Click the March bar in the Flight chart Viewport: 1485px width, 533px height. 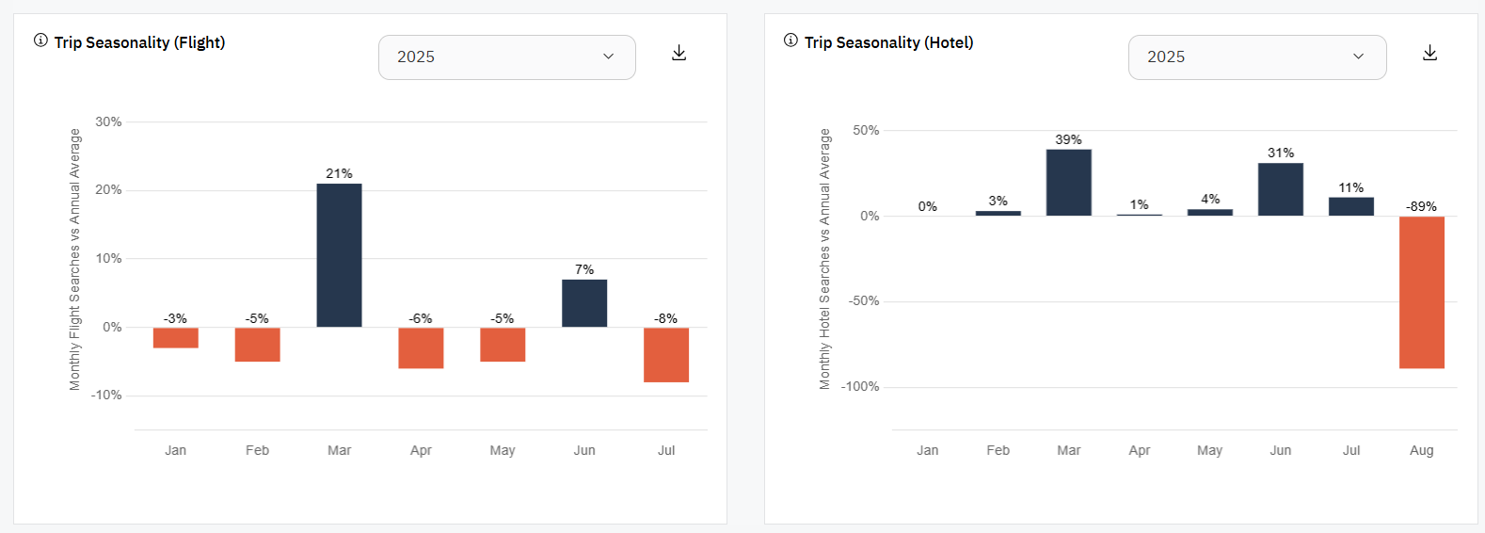click(339, 255)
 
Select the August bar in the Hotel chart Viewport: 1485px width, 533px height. click(1421, 292)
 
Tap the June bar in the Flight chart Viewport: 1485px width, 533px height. click(584, 303)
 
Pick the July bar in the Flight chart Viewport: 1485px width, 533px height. click(666, 354)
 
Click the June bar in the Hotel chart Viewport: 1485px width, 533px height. click(1280, 189)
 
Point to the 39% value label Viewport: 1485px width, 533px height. click(1068, 139)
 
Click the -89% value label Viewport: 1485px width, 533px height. click(1421, 206)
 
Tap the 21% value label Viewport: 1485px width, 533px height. click(339, 173)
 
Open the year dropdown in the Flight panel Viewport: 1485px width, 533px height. click(506, 57)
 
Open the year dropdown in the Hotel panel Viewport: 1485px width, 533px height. click(1256, 57)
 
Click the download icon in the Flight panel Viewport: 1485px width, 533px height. click(679, 53)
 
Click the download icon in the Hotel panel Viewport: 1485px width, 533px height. click(1429, 53)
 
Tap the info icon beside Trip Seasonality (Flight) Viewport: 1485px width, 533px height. click(40, 40)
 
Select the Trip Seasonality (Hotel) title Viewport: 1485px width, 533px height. click(888, 42)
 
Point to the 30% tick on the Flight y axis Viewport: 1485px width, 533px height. click(108, 121)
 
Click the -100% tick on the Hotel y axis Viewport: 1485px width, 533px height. click(860, 386)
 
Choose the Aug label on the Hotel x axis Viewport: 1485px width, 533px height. click(1421, 450)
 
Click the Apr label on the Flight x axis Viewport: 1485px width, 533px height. click(421, 450)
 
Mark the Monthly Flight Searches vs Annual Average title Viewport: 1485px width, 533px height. click(75, 260)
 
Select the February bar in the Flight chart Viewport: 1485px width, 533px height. click(257, 345)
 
